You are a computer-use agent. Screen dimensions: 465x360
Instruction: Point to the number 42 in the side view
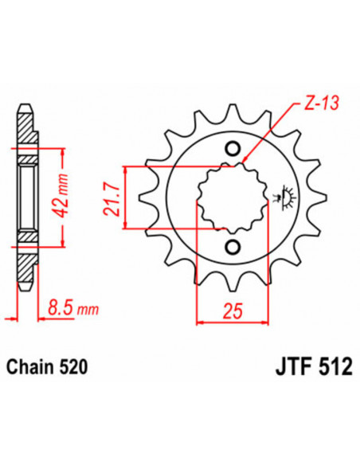[72, 191]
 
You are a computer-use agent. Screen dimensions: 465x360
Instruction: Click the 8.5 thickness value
[55, 304]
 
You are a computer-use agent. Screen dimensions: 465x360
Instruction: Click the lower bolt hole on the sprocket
[233, 244]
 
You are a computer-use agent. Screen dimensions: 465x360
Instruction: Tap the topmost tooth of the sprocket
[233, 111]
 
